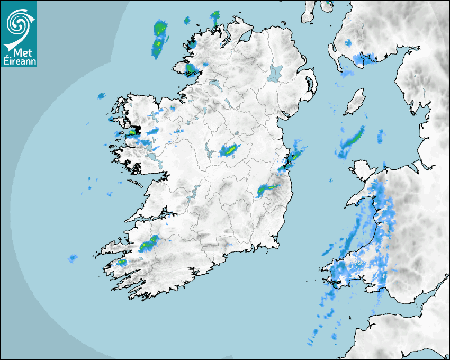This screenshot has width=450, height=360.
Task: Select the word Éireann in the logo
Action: coord(19,61)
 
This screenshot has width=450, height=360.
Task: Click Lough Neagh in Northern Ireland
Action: coord(276,73)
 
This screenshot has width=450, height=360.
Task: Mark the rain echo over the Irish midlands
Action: coord(229,150)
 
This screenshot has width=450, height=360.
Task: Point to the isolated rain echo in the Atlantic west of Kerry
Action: coord(73,258)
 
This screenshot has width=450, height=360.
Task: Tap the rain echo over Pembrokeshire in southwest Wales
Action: coord(344,270)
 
